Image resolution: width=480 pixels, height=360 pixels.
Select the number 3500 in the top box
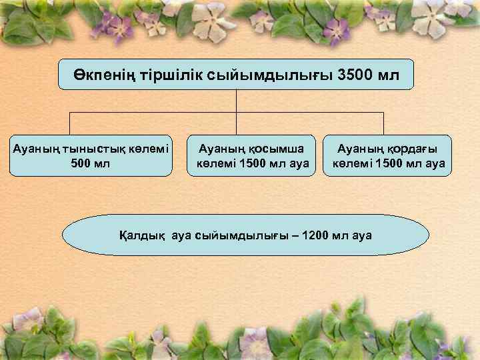357,75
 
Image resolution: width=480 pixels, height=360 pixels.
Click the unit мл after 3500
389,75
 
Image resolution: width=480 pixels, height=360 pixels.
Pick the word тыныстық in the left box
86,149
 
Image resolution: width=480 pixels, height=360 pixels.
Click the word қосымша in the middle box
275,149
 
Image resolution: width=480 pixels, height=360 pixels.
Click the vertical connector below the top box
237,100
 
